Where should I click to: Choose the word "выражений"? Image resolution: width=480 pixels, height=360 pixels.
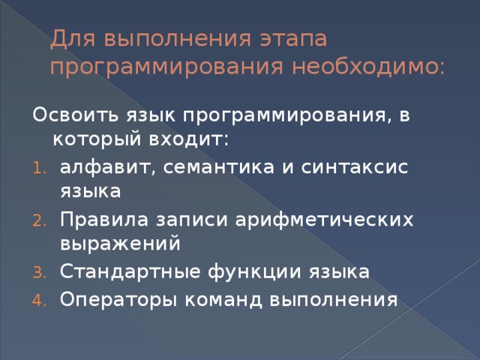pyautogui.click(x=120, y=244)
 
